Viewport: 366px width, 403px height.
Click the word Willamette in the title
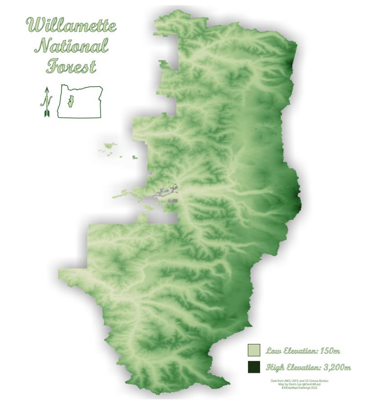tap(72, 25)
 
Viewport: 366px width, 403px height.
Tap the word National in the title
tap(72, 46)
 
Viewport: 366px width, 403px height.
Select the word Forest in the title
tap(72, 66)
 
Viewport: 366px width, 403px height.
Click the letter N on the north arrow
tap(47, 102)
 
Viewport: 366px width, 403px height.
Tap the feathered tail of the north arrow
tap(47, 113)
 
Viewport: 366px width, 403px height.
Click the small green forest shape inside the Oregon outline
tap(70, 102)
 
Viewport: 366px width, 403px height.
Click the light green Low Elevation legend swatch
tap(254, 350)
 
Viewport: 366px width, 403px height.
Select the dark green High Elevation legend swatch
tap(254, 367)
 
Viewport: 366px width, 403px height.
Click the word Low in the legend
tap(273, 350)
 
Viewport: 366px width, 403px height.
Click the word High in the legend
tap(274, 367)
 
